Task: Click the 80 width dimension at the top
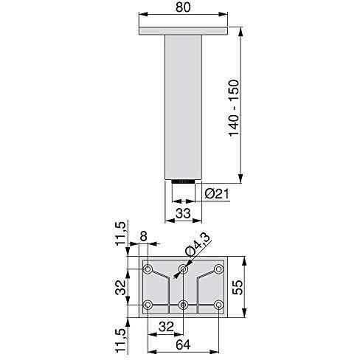pos(183,7)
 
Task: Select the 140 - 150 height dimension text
pos(234,108)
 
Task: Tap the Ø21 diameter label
pos(217,194)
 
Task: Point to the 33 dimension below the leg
pos(183,213)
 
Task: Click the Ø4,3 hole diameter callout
pos(198,244)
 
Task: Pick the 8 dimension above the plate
pos(143,236)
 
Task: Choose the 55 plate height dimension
pos(238,287)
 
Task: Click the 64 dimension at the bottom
pos(183,345)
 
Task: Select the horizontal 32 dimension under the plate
pos(166,327)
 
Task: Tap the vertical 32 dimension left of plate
pos(121,288)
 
